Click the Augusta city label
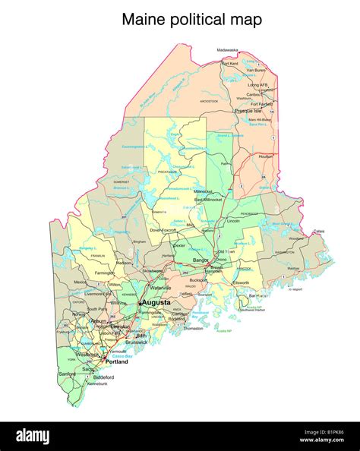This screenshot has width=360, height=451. coord(156,302)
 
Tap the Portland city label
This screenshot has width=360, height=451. coord(116,362)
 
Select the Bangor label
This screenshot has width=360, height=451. coord(201,260)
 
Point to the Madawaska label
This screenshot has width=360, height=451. coord(227,50)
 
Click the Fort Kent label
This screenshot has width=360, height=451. coord(230,64)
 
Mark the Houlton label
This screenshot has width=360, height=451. coord(265,156)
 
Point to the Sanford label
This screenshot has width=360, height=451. coord(68,374)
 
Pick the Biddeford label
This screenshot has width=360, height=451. coord(104,377)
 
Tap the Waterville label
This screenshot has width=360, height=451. coord(159,289)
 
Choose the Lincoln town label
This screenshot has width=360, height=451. coord(233,221)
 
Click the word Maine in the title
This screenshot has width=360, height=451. coord(144,20)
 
